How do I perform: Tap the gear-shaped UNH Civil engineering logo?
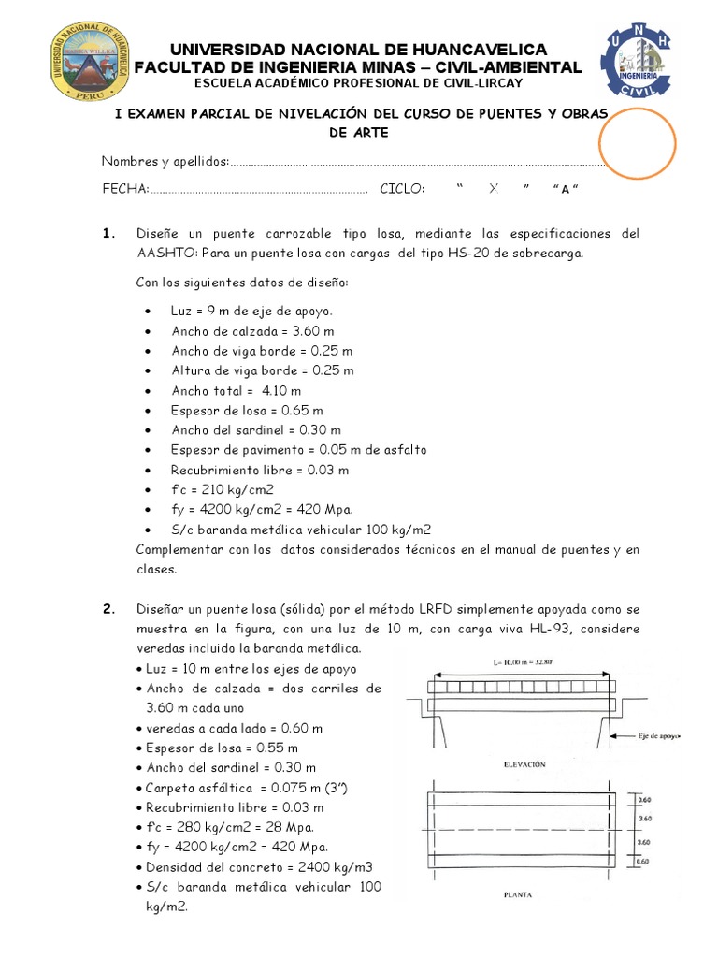[x=640, y=60]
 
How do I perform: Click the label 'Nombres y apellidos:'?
[x=165, y=162]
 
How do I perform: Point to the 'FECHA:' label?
[x=125, y=189]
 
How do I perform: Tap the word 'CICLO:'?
[x=402, y=189]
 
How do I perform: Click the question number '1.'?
[x=108, y=234]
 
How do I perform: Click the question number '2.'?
[x=108, y=610]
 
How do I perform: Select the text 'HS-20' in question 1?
[x=477, y=253]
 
